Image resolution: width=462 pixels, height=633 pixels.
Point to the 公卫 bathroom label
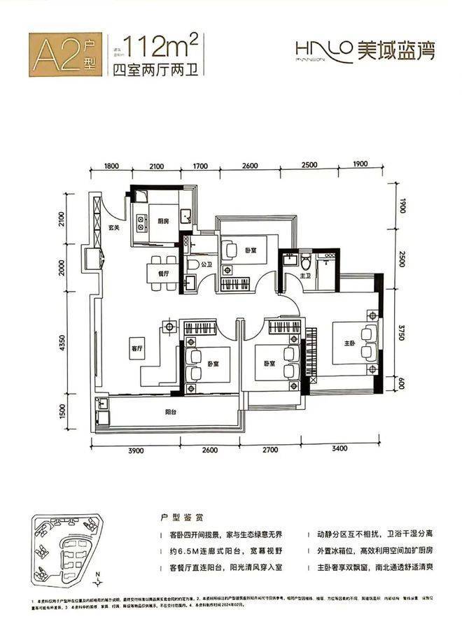(x=206, y=266)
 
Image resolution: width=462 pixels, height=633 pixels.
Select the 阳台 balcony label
(x=170, y=413)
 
